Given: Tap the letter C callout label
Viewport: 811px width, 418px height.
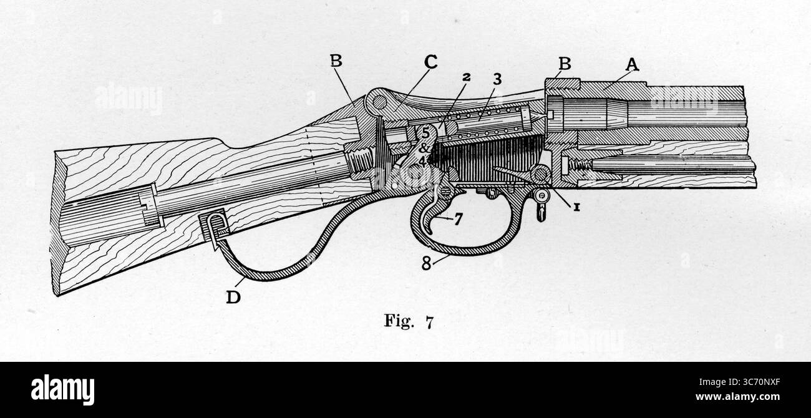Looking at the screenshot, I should click(x=430, y=63).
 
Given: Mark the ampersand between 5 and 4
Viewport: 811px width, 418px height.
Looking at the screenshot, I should click(x=424, y=148).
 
